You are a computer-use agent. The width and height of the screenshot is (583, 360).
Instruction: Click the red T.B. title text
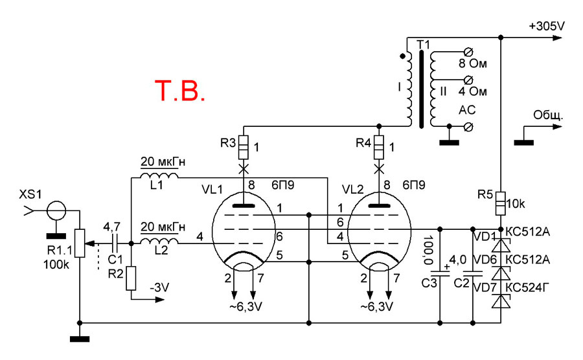181,92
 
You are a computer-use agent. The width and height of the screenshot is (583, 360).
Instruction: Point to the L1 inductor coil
159,177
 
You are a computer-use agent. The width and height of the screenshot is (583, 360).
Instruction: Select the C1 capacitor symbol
115,243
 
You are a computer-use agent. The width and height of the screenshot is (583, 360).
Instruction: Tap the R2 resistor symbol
131,278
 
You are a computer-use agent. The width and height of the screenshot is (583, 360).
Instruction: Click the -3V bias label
160,287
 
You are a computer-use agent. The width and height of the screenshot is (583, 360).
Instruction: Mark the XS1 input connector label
29,194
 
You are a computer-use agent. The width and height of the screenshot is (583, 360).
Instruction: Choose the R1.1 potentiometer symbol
79,243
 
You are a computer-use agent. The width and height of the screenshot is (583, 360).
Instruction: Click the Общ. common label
547,117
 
